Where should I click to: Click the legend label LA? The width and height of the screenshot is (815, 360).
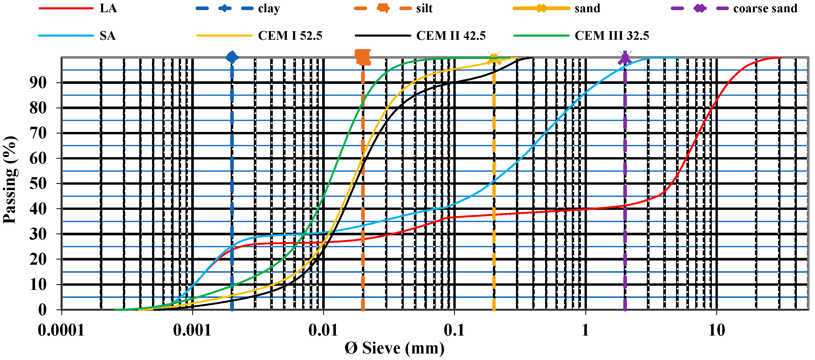[108, 8]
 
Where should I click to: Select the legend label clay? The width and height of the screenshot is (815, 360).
[269, 9]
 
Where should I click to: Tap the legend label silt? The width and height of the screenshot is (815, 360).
[424, 8]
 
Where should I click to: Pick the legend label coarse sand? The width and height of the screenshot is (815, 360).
[765, 8]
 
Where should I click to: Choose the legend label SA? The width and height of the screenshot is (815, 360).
[108, 35]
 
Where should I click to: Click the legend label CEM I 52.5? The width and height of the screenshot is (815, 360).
[290, 35]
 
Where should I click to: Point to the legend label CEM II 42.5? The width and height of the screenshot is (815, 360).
[450, 35]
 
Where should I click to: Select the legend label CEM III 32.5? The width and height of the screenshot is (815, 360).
[612, 35]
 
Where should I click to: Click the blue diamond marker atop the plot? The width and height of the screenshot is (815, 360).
[232, 57]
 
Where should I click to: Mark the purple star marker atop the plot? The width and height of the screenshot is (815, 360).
[625, 58]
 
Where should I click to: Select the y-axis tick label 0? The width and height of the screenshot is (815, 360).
[42, 310]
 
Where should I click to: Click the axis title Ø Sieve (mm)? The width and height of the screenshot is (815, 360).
[394, 348]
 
